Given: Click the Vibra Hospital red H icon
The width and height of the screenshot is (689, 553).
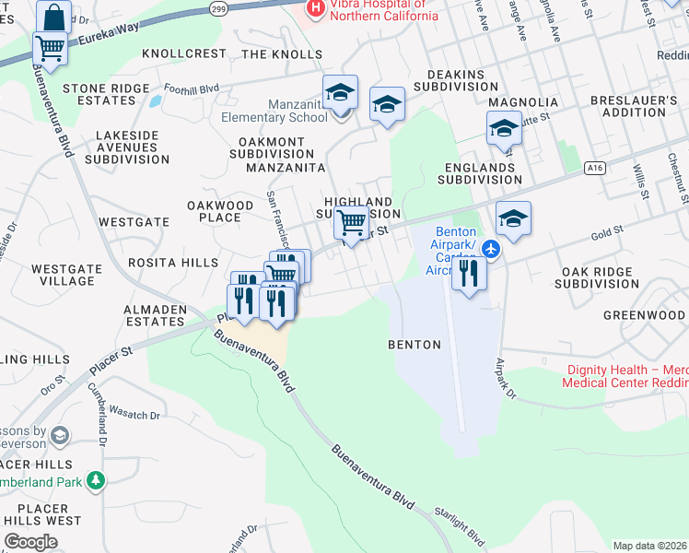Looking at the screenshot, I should pos(316,8).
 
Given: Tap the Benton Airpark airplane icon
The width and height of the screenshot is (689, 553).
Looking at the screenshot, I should pos(491,248).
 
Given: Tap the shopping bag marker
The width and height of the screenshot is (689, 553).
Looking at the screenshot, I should pos(54,18).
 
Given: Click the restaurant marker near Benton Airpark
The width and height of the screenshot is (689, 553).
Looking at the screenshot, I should pos(469,273).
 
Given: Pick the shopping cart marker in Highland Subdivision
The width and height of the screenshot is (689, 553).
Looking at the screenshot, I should pos(350,222).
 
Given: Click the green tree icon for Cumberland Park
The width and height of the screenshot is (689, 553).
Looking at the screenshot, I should pos(95,480).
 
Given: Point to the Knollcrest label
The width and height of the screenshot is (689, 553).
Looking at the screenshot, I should pos(184,54).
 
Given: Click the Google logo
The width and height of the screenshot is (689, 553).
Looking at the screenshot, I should pos(30,542).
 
